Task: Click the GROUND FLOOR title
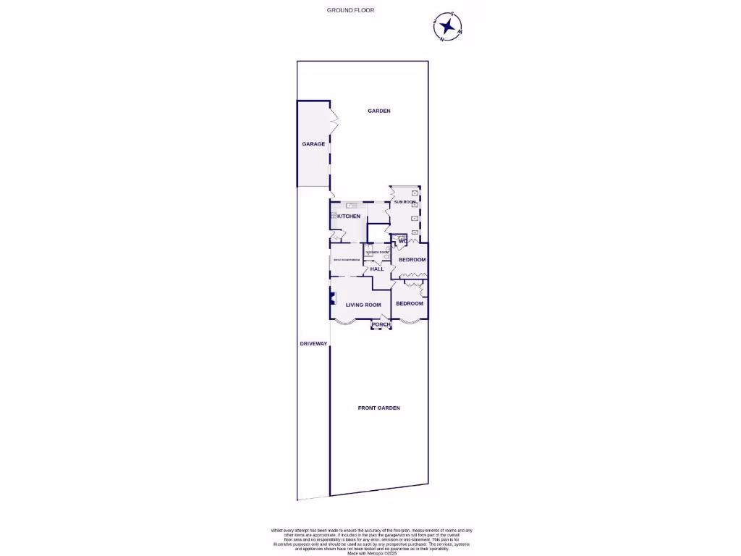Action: pos(350,10)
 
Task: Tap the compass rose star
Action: pos(449,28)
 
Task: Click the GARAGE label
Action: pos(313,144)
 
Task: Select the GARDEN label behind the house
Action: pos(378,111)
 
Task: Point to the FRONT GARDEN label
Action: pos(378,408)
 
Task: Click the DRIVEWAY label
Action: pos(313,343)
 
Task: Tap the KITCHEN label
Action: pos(349,216)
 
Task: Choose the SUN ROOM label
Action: pos(405,202)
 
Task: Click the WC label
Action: pos(402,240)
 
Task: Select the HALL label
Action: pos(377,269)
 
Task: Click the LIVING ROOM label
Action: pos(363,305)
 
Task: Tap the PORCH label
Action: pos(381,324)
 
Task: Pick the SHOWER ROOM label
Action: pos(377,252)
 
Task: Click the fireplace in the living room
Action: pos(332,297)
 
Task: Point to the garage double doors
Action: pos(334,121)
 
